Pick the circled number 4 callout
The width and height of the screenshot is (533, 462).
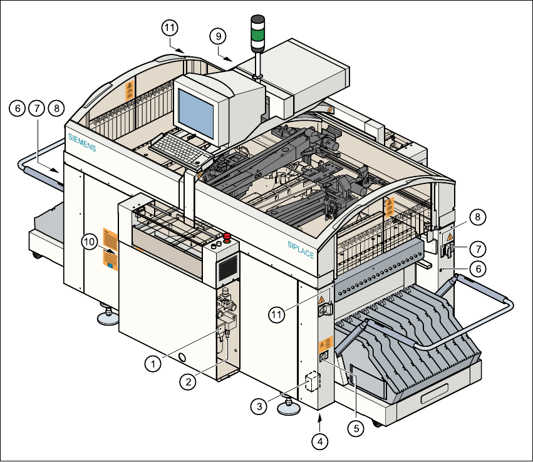(320, 440)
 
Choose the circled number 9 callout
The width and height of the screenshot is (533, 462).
(219, 36)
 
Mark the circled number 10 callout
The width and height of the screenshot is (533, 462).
(90, 240)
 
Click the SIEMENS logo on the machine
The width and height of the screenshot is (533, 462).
(82, 142)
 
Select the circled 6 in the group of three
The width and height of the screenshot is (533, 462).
(17, 108)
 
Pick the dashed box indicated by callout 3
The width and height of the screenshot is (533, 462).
(312, 382)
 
